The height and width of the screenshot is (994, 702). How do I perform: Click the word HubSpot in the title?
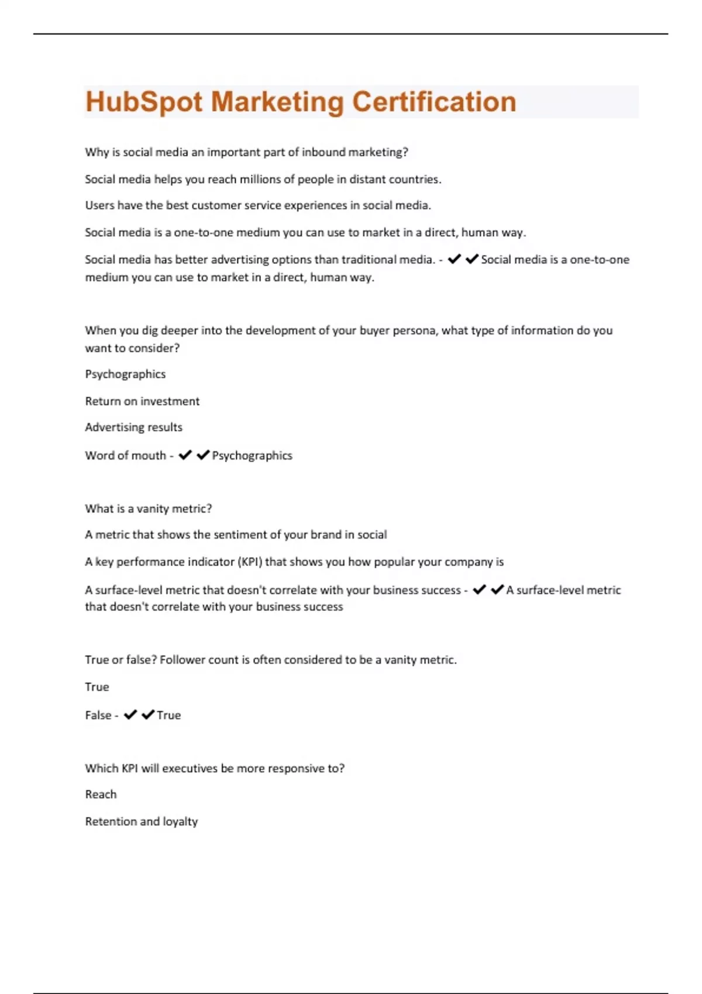point(144,102)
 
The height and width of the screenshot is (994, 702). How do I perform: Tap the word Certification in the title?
point(433,102)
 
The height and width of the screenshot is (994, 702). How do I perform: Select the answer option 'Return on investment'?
point(142,401)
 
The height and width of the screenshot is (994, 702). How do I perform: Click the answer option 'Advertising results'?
point(133,427)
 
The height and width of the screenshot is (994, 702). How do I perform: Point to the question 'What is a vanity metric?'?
point(148,509)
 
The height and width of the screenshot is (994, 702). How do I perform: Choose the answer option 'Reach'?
point(101,795)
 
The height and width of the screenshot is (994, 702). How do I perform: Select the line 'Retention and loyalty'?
point(141,822)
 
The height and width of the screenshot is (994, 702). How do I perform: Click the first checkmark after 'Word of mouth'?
point(185,455)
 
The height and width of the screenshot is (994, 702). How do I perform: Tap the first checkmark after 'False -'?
point(130,715)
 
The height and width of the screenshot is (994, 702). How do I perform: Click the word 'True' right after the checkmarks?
point(169,715)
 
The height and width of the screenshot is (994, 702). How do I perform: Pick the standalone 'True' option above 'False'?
point(97,687)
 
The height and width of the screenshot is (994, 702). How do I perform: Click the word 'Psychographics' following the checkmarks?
point(252,455)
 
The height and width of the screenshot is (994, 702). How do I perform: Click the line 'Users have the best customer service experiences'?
point(257,206)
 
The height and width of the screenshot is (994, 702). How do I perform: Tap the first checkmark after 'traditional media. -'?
point(454,259)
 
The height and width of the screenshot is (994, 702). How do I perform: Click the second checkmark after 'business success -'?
point(497,589)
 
